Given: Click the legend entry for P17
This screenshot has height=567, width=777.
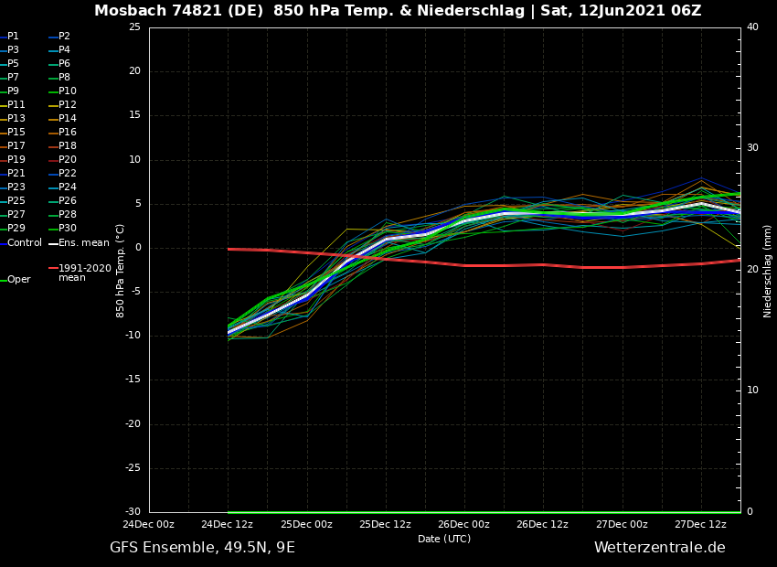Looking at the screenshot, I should click(16, 146).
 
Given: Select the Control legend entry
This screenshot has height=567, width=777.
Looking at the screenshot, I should click(25, 243).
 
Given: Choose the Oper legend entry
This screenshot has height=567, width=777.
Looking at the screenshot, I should click(19, 280).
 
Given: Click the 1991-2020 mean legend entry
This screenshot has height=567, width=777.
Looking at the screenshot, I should click(84, 273).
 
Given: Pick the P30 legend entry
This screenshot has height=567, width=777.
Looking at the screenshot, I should click(68, 229).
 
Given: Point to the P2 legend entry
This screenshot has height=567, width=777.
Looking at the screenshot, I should click(64, 37).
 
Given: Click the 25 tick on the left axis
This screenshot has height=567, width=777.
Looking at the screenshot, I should click(134, 27).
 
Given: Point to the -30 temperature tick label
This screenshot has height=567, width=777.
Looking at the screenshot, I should click(133, 512).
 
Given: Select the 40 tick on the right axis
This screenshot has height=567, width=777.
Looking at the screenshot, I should click(752, 27).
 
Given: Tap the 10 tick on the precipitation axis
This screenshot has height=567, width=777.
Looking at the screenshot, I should click(752, 390).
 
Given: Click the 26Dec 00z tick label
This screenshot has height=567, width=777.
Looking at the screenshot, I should click(463, 525).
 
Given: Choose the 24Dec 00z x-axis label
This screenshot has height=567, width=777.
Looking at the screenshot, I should click(148, 525).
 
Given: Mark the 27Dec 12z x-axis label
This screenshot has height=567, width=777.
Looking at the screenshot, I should click(700, 525).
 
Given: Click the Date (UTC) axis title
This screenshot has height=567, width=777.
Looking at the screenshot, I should click(444, 540).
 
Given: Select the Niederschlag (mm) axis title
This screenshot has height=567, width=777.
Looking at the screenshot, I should click(768, 270).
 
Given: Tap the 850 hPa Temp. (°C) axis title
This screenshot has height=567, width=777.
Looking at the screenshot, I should click(121, 270).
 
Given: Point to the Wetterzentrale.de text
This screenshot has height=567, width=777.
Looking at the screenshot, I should click(659, 548).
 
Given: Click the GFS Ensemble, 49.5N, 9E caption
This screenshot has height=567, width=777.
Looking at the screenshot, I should click(202, 548).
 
